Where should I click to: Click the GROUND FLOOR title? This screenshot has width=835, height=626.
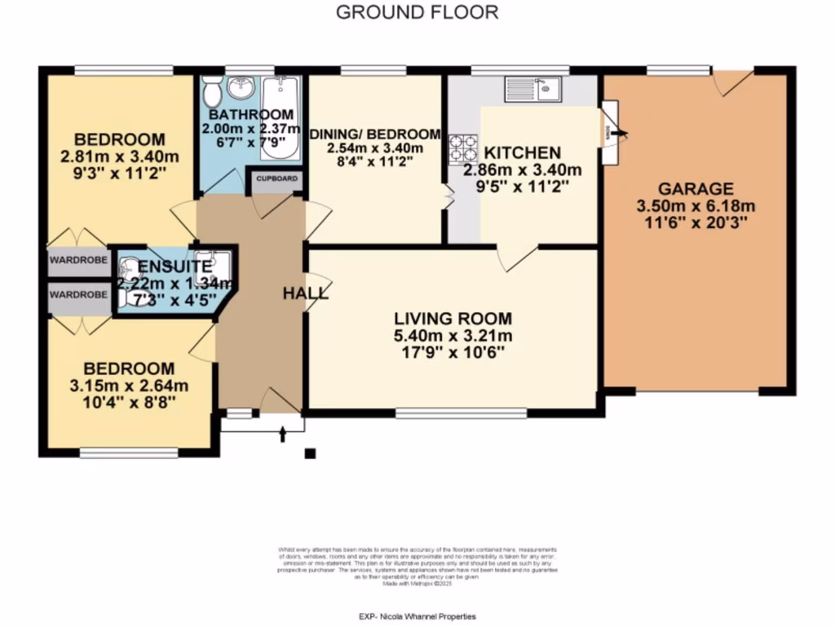tap(417, 12)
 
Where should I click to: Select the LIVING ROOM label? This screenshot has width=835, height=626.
tap(453, 319)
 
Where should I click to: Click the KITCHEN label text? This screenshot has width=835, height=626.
tap(523, 152)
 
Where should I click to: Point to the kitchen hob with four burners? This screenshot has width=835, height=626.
tap(463, 149)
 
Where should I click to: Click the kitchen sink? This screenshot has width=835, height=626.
tap(531, 87)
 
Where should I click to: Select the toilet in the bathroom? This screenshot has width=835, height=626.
tap(211, 91)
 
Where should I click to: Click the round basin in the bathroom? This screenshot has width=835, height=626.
tap(241, 87)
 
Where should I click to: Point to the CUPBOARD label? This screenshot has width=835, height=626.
tap(277, 179)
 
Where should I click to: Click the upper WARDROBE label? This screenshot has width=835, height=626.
tap(77, 262)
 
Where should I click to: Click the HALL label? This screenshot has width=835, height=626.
tap(306, 293)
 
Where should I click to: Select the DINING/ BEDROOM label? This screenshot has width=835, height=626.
tap(373, 134)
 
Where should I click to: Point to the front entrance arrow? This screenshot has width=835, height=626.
tap(283, 433)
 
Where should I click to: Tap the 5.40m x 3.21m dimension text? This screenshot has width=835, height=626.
tap(453, 336)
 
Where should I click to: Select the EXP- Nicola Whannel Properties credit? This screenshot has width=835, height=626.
tap(417, 617)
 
